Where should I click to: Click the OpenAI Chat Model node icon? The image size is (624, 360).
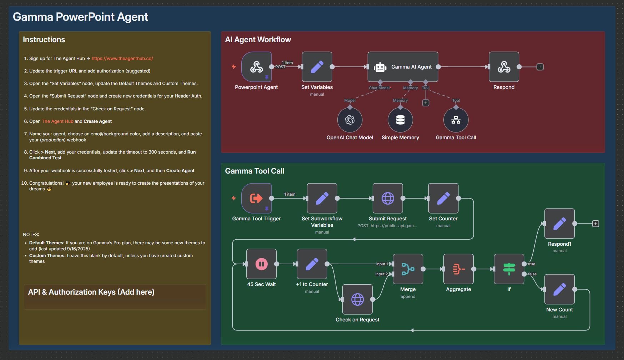coord(350,120)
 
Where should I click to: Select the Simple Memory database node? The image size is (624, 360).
coord(400,120)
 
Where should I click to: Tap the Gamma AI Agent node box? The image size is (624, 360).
coord(403,67)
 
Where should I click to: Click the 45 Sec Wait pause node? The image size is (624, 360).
coord(261,264)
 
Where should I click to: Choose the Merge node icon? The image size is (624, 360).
coord(408,269)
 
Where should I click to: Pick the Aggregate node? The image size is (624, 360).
coord(458,269)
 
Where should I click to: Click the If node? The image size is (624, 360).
coord(509,269)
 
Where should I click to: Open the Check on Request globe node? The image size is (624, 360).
coord(357,299)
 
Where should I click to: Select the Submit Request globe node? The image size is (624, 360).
coord(388,198)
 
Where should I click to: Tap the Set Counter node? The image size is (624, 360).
coord(443,198)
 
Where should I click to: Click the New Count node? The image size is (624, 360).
coord(559,289)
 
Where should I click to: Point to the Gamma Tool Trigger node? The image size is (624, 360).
coord(256,198)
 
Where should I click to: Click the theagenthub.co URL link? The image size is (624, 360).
coord(122,59)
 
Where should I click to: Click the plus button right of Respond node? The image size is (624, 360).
coord(540,67)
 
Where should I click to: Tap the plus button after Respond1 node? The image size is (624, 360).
coord(595,224)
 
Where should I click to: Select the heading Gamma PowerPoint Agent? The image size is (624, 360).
coord(80,17)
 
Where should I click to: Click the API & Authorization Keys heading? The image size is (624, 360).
coord(91,292)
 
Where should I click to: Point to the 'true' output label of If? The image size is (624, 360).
coord(532,264)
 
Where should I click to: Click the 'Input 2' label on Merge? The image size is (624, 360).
coord(381,274)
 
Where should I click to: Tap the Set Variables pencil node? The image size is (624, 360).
coord(317,67)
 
